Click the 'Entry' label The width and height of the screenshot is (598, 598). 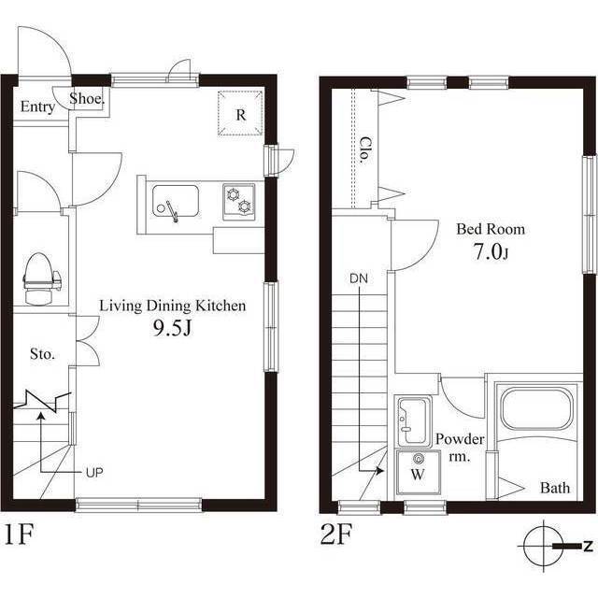37,107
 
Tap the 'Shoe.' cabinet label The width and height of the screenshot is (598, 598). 87,98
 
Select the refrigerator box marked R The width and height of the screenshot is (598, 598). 240,115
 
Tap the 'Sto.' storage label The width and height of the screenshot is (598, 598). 42,354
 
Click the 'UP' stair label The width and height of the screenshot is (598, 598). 94,472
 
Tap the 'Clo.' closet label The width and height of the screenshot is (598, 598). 364,149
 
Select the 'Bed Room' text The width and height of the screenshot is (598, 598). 490,229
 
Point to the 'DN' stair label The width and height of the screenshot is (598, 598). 359,278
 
